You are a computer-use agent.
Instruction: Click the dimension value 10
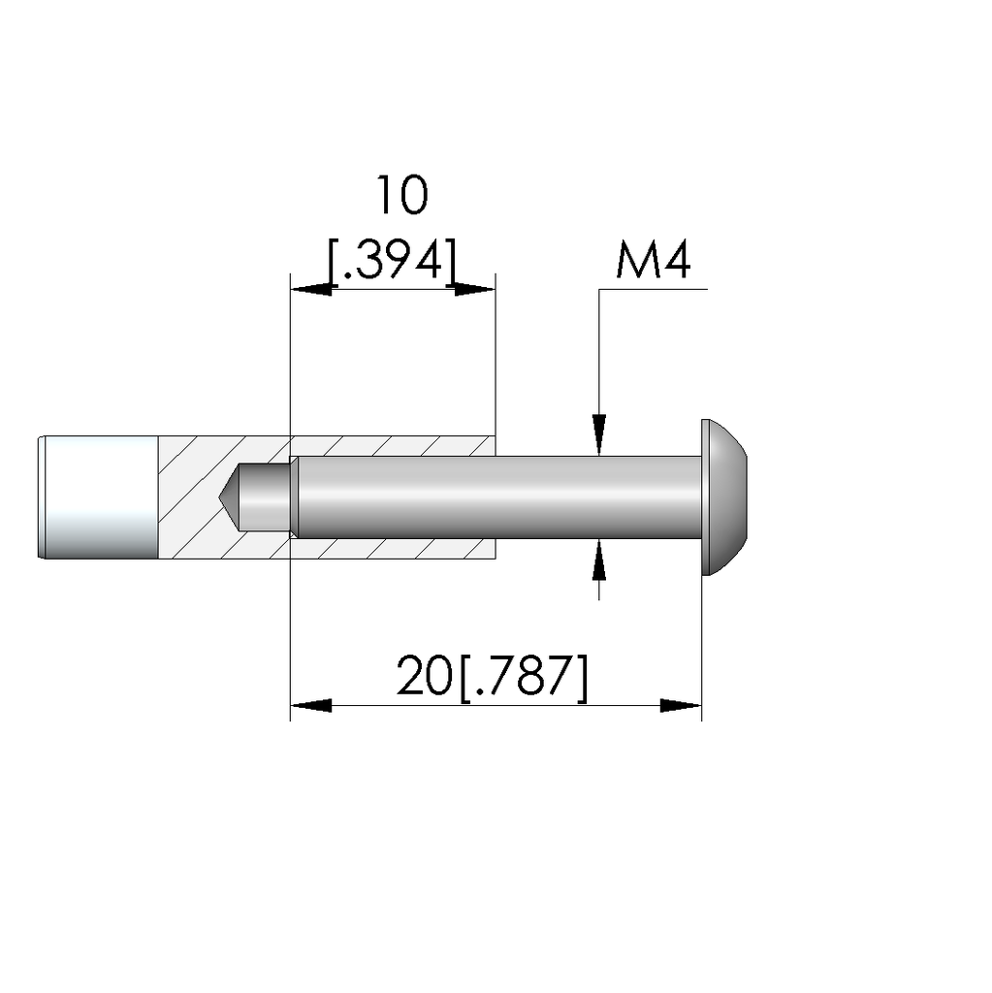pyautogui.click(x=401, y=196)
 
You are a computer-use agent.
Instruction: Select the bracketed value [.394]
pyautogui.click(x=392, y=259)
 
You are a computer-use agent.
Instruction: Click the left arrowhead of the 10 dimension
pyautogui.click(x=310, y=289)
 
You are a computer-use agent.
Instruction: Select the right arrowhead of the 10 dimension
pyautogui.click(x=475, y=289)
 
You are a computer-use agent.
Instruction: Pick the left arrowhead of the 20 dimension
pyautogui.click(x=310, y=705)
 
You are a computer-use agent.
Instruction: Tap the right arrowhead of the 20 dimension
pyautogui.click(x=681, y=705)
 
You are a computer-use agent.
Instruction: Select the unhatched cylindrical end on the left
pyautogui.click(x=99, y=496)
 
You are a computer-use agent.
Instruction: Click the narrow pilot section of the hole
pyautogui.click(x=265, y=496)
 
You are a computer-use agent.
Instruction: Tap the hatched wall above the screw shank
pyautogui.click(x=393, y=445)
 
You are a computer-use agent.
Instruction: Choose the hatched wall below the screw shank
pyautogui.click(x=393, y=549)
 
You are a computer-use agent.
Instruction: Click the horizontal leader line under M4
pyautogui.click(x=655, y=290)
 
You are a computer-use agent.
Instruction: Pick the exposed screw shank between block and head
pyautogui.click(x=596, y=496)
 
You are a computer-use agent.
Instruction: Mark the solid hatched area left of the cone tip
pyautogui.click(x=189, y=496)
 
